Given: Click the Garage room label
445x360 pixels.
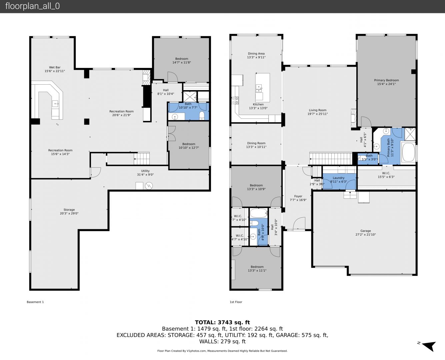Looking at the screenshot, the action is click(x=365, y=231).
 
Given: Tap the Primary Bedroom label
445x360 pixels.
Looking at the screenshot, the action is click(x=386, y=80).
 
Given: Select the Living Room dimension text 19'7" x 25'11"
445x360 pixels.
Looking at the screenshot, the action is click(x=318, y=114).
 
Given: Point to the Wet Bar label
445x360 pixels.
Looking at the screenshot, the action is click(x=55, y=67).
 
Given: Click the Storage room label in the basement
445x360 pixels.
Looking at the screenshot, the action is click(x=69, y=210).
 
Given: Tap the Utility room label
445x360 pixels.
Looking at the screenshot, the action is click(x=145, y=171).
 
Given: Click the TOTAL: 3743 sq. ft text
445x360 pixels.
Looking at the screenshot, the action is click(x=222, y=322).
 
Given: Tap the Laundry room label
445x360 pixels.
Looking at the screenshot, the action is click(x=338, y=178).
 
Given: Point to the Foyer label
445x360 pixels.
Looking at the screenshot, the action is click(x=298, y=196).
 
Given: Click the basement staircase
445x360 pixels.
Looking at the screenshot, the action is click(x=142, y=159).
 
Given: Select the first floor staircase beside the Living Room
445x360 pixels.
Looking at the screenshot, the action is click(x=331, y=159).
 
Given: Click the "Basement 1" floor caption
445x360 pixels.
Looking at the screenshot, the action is click(x=35, y=302).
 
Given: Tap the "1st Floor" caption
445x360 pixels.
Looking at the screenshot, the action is click(x=236, y=302).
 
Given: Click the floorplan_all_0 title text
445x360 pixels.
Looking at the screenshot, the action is click(x=33, y=6).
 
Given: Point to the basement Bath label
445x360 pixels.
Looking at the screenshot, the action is click(x=188, y=104).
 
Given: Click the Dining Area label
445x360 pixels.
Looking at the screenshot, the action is click(x=256, y=53).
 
